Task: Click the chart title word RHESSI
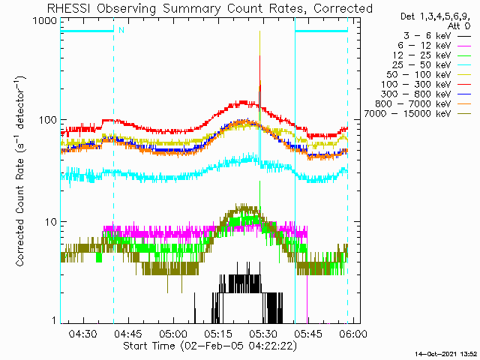(x=69, y=8)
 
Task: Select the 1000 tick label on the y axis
(x=45, y=21)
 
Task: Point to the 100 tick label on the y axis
(x=48, y=119)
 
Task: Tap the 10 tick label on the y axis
(x=51, y=221)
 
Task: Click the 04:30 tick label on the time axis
(x=83, y=333)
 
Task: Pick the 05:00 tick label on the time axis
(x=173, y=333)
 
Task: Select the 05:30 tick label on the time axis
(x=263, y=333)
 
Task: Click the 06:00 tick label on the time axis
(x=353, y=333)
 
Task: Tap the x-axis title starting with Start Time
(x=210, y=346)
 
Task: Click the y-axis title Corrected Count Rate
(x=20, y=172)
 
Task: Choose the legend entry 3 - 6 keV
(x=427, y=36)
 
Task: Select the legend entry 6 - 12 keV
(x=424, y=46)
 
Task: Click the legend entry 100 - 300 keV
(x=416, y=85)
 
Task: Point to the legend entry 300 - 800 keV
(x=416, y=94)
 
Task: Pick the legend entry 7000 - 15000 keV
(x=407, y=114)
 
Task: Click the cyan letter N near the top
(x=121, y=30)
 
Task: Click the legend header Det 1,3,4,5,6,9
(x=435, y=16)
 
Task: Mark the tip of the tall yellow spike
(x=259, y=31)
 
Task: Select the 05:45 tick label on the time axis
(x=308, y=333)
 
